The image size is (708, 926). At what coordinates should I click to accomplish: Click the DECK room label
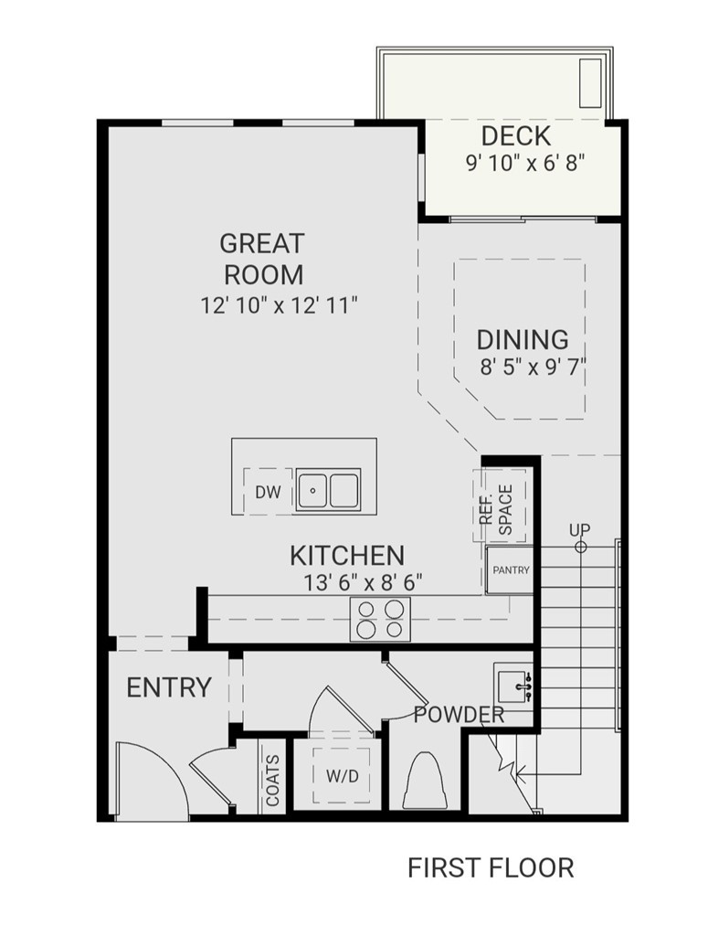click(x=516, y=136)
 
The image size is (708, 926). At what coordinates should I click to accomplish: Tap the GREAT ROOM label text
click(x=262, y=259)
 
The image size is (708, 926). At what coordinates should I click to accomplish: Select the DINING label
click(x=523, y=340)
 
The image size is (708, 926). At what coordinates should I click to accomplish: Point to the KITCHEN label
click(x=347, y=555)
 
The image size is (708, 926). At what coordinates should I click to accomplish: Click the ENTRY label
click(x=169, y=687)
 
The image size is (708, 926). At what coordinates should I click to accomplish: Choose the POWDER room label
click(x=459, y=715)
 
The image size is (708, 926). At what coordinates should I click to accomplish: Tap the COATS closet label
click(x=273, y=780)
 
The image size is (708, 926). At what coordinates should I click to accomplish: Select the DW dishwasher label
click(x=268, y=493)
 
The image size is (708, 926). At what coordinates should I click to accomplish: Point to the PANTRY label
click(x=511, y=569)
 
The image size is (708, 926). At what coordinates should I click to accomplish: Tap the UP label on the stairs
click(x=579, y=530)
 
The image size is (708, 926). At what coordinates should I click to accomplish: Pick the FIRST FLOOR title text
click(x=491, y=867)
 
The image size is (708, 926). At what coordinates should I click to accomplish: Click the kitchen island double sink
click(x=330, y=489)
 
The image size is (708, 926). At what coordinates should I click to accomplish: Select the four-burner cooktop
click(x=380, y=619)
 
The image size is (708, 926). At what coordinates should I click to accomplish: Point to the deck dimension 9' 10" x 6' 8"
click(x=523, y=163)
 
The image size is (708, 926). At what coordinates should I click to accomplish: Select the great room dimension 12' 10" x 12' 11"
click(x=279, y=305)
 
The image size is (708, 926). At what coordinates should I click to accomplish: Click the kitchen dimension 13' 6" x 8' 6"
click(x=363, y=581)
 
